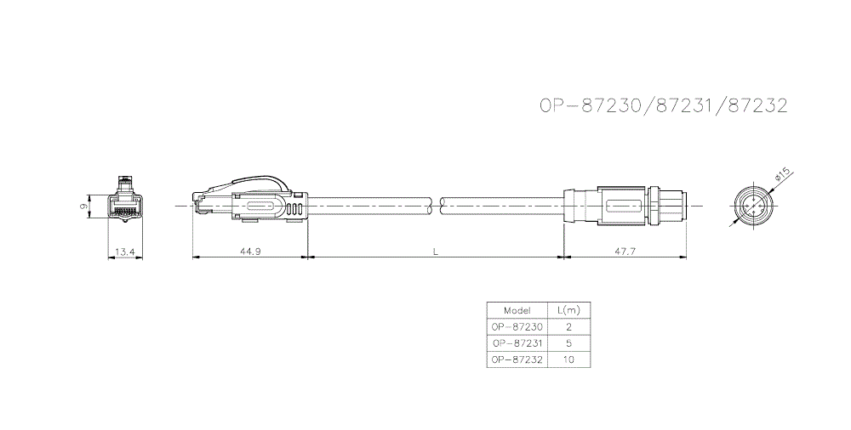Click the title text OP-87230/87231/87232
pos(663,106)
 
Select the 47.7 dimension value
pos(624,251)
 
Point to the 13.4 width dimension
pos(125,251)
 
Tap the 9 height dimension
pos(83,206)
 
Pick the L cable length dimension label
pos(435,251)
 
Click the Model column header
pos(517,310)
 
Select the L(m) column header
pos(568,310)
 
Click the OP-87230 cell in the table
pos(517,326)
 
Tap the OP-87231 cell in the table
pos(517,342)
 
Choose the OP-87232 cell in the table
pos(517,359)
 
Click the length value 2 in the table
pos(568,326)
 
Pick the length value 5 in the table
pos(568,342)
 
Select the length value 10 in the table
pos(568,359)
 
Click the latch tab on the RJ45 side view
pos(255,181)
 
